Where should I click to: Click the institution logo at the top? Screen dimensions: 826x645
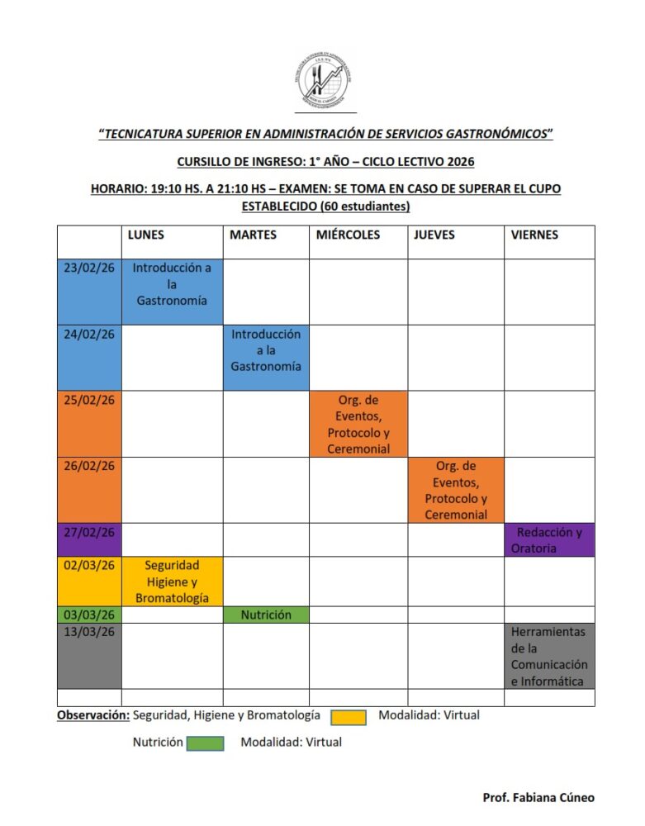point(325,81)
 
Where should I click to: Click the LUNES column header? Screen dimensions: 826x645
point(146,235)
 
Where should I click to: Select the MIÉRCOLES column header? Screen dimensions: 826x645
point(348,235)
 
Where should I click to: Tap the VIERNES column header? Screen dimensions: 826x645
point(534,235)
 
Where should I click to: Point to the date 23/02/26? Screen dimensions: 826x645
point(88,268)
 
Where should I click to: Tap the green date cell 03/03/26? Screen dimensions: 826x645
point(88,615)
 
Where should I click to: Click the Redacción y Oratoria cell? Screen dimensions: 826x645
point(549,540)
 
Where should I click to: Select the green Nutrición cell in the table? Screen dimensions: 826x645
point(266,615)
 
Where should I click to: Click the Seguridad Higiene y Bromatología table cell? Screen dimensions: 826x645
point(172,582)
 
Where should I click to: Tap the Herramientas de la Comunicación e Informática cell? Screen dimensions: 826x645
point(549,656)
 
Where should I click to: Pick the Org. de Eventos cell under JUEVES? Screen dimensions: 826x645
point(456,490)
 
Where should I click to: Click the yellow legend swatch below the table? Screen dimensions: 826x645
point(348,717)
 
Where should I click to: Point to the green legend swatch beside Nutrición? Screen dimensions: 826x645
point(205,743)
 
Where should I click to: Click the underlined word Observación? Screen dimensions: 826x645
point(92,715)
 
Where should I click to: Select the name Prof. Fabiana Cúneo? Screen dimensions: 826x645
point(538,797)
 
